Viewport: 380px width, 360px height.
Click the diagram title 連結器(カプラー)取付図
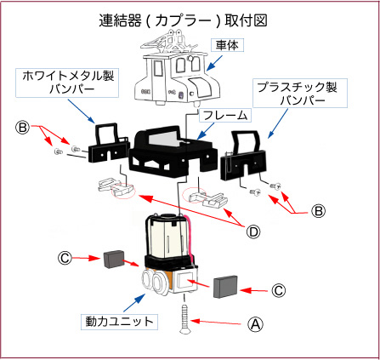(183, 20)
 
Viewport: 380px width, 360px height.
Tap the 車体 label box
(227, 45)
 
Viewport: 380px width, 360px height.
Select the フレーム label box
(225, 115)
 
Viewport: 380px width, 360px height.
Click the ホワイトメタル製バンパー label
(67, 83)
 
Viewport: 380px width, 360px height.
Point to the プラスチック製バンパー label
(300, 93)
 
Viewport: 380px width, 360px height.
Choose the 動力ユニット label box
(119, 322)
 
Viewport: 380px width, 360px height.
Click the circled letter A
(255, 324)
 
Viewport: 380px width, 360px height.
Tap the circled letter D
(252, 232)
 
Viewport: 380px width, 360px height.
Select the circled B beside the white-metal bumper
(22, 128)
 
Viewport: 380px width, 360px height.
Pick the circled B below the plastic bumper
(318, 211)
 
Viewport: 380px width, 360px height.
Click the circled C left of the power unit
(65, 258)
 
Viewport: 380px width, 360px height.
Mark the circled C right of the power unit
(278, 290)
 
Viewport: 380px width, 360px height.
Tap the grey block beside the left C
(112, 260)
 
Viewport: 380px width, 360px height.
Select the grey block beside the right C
(225, 286)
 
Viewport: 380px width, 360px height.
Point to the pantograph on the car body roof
(168, 43)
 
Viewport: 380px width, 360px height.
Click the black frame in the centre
(173, 152)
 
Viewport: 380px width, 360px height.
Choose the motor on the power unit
(167, 236)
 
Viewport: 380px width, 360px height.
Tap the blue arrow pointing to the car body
(214, 63)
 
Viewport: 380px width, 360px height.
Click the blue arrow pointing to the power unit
(134, 303)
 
